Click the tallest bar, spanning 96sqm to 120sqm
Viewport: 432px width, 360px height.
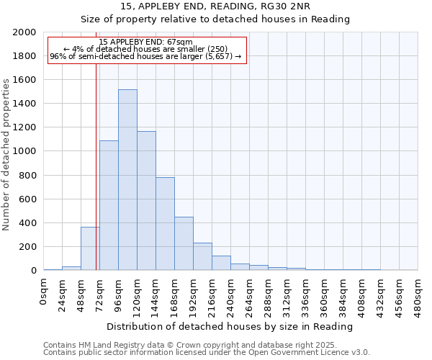coord(127,180)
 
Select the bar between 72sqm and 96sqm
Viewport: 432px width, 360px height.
coord(109,205)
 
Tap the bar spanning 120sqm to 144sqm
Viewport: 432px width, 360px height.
coord(146,201)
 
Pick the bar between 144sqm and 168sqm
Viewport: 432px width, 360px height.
coord(165,224)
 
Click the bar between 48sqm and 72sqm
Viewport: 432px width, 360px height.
coord(90,249)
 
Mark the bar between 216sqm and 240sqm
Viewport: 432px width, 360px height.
coord(221,264)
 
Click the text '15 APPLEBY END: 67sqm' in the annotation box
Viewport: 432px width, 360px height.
coord(146,42)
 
